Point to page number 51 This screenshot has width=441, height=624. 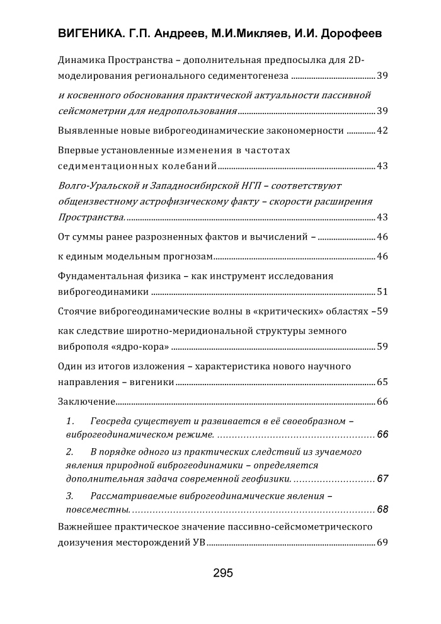tap(382, 292)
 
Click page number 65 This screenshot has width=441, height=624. tap(382, 383)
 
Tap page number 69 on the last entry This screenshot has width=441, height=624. tap(382, 543)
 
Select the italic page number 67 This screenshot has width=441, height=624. tap(382, 479)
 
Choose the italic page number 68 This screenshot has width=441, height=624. tap(382, 509)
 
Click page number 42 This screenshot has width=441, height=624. tap(382, 131)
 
